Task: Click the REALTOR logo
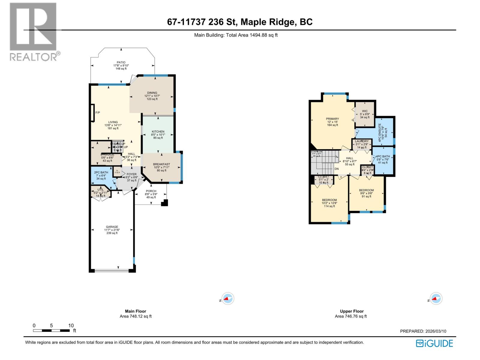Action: pos(33,31)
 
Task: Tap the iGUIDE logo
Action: pos(434,343)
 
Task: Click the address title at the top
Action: pos(240,22)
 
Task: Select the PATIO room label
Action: pos(121,63)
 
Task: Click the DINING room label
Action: pos(152,93)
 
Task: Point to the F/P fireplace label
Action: pos(97,112)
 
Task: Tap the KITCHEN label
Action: pos(158,132)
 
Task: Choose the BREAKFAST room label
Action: pos(161,164)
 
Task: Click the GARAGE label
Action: pos(112,227)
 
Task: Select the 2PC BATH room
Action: pos(101,175)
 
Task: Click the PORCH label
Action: pos(151,191)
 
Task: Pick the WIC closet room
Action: pos(364,114)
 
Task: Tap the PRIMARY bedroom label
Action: pos(332,119)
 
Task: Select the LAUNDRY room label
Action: pos(361,141)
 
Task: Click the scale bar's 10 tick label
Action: pos(71,325)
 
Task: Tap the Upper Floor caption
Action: pos(352,311)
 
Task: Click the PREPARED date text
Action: pos(423,331)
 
